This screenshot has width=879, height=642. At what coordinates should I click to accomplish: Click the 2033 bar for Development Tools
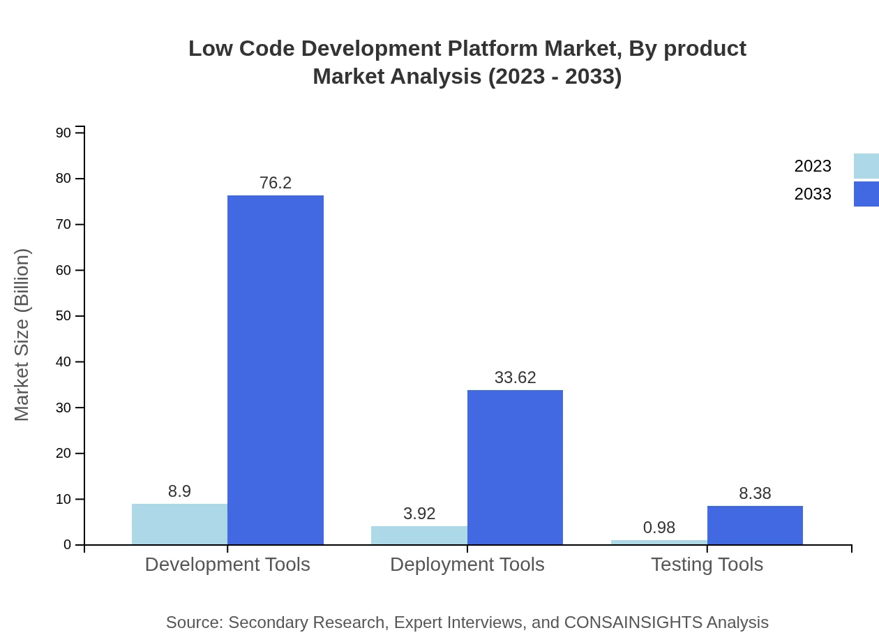click(276, 370)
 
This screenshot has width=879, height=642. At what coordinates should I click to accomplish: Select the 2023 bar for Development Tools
click(179, 524)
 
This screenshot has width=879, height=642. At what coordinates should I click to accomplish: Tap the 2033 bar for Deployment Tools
click(515, 467)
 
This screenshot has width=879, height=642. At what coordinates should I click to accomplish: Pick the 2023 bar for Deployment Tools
click(419, 535)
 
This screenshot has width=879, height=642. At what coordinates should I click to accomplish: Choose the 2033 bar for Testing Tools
click(755, 525)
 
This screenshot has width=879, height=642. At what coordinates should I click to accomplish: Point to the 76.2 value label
click(276, 183)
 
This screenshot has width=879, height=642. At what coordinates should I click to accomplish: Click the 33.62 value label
click(515, 378)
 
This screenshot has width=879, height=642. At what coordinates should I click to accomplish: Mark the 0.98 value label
click(659, 528)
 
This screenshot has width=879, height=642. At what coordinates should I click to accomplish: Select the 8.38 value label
click(755, 493)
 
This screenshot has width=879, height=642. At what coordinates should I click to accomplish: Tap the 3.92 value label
click(419, 514)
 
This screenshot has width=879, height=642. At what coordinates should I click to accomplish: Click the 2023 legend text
click(813, 166)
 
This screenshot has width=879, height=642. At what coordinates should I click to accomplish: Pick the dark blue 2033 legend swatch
click(866, 194)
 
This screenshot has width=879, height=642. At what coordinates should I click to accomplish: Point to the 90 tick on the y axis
click(63, 133)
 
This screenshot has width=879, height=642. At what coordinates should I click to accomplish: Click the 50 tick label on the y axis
click(63, 316)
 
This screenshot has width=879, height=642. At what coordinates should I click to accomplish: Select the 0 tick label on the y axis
click(68, 545)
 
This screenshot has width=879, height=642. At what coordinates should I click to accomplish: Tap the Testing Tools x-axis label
click(707, 564)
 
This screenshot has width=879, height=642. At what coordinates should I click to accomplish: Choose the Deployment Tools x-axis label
click(467, 564)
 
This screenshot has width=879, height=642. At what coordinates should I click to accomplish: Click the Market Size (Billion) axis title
click(22, 335)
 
